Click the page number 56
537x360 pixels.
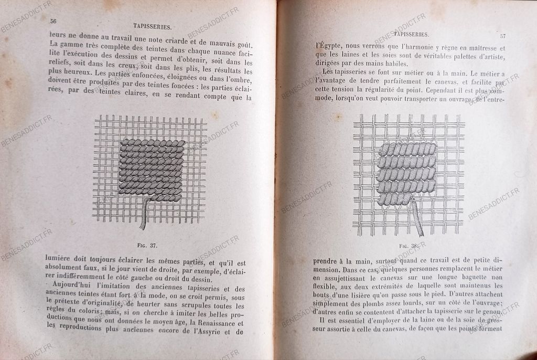click(x=53, y=21)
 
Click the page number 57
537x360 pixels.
click(x=502, y=36)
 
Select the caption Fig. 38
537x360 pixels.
click(x=407, y=245)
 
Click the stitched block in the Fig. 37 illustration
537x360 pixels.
click(x=152, y=167)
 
